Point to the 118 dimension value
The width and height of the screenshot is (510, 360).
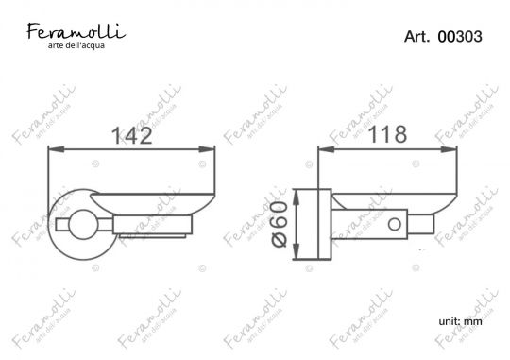[x=387, y=134]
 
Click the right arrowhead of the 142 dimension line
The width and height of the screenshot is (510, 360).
[x=210, y=148]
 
